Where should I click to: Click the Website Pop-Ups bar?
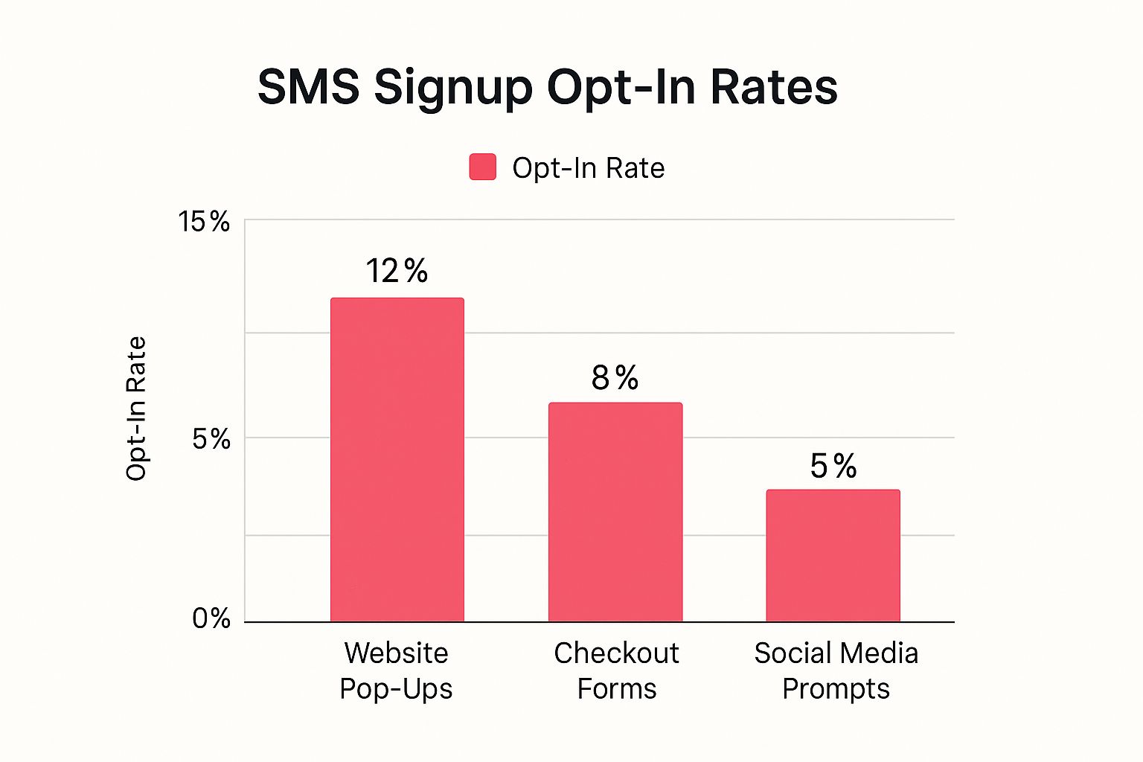point(397,459)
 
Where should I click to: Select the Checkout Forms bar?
point(615,512)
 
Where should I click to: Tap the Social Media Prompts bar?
point(833,555)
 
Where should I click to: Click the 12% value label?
point(396,272)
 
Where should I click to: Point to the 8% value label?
point(615,378)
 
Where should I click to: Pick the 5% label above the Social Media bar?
point(833,467)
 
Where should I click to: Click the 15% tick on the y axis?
point(204,222)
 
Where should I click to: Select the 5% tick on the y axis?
point(211,439)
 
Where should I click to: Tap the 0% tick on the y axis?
point(211,618)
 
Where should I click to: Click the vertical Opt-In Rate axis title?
point(136,409)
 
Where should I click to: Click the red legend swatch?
point(482,167)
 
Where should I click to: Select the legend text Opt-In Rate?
point(588,168)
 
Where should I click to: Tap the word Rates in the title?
point(773,87)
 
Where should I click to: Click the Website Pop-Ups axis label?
point(396,670)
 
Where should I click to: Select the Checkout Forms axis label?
point(616,670)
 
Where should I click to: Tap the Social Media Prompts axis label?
point(836,670)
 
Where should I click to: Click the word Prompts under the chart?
point(836,689)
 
